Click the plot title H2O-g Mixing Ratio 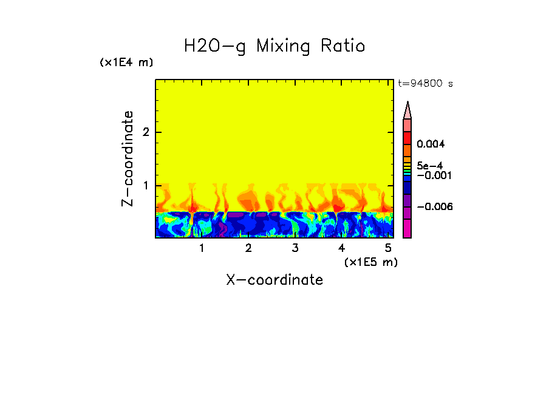pos(274,46)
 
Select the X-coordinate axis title pos(274,280)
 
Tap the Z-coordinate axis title pos(128,158)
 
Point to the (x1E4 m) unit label pos(126,63)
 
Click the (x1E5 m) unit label pos(370,262)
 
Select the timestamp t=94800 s pos(425,84)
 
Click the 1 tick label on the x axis pos(202,248)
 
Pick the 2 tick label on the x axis pos(248,248)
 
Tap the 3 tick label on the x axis pos(295,248)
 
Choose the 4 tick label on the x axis pos(342,248)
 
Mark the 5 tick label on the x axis pos(388,248)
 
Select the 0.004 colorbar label pos(431,144)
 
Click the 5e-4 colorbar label pos(429,165)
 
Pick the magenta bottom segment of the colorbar pos(407,229)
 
